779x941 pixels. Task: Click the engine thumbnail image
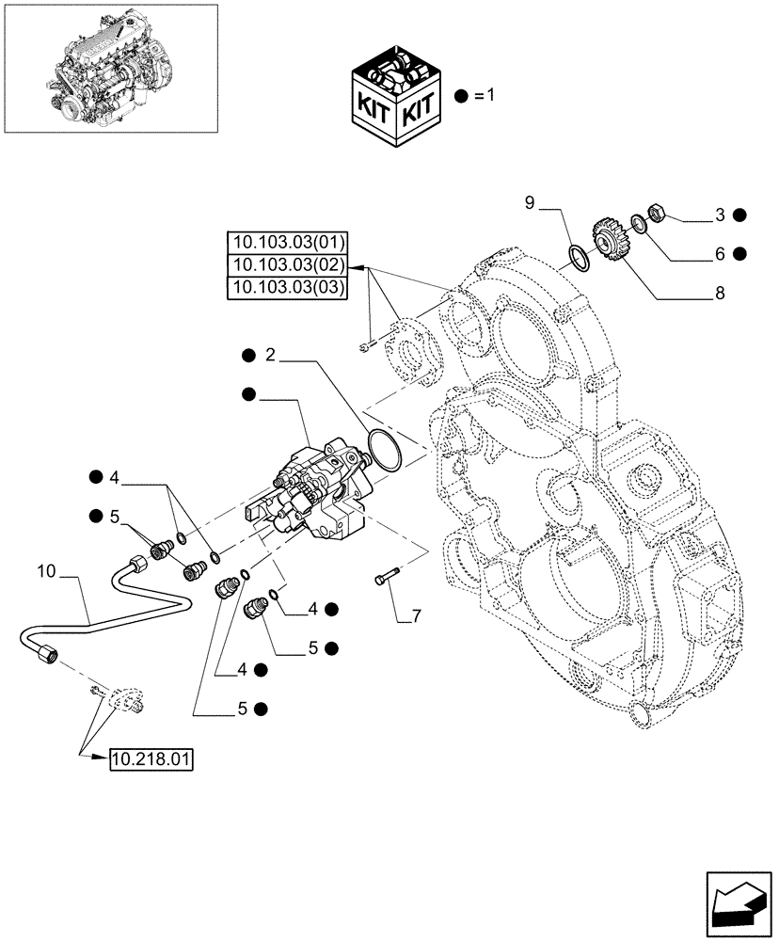[x=111, y=68]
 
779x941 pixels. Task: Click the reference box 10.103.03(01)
[x=287, y=242]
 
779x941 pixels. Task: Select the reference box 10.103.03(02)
[x=287, y=264]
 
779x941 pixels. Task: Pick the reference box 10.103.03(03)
[x=287, y=287]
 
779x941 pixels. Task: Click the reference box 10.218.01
[x=151, y=759]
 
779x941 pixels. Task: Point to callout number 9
[x=529, y=202]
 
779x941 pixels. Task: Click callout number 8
[x=719, y=294]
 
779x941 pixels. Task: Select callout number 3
[x=719, y=215]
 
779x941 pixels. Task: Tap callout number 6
[x=719, y=253]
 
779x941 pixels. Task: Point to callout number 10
[x=48, y=570]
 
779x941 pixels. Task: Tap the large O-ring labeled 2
[x=386, y=449]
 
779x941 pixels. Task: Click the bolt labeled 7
[x=388, y=574]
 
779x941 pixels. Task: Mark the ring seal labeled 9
[x=578, y=256]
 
